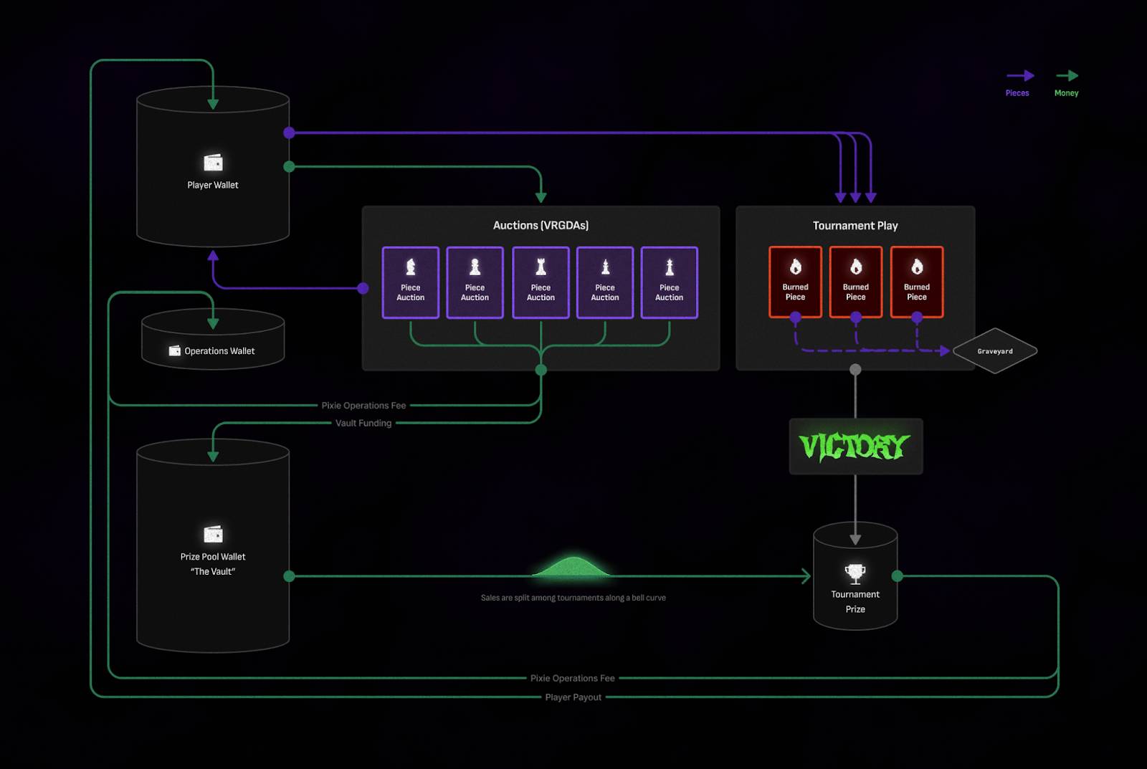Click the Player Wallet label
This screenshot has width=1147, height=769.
[213, 185]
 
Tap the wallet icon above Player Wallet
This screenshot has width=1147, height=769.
[213, 163]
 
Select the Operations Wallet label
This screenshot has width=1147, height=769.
[219, 351]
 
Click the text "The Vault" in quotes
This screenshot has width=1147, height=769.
[213, 571]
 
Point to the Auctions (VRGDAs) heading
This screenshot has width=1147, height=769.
[541, 225]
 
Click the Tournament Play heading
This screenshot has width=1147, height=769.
[855, 226]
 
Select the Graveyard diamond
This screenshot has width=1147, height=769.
[995, 351]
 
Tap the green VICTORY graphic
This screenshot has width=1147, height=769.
[855, 446]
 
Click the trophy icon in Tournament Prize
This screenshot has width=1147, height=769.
[855, 573]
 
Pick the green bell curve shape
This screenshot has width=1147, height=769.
[572, 567]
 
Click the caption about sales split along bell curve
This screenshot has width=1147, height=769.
[573, 598]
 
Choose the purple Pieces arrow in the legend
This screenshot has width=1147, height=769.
[1019, 75]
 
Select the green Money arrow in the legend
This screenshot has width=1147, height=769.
[1067, 75]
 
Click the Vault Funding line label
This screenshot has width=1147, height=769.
[363, 423]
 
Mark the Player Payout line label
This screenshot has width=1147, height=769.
[573, 697]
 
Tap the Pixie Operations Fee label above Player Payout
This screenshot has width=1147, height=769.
[572, 678]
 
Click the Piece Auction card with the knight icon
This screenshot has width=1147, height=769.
[411, 282]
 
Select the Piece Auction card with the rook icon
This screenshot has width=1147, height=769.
[541, 282]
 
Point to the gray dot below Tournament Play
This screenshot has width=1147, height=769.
[855, 370]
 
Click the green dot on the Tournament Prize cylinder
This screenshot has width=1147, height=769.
[897, 575]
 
